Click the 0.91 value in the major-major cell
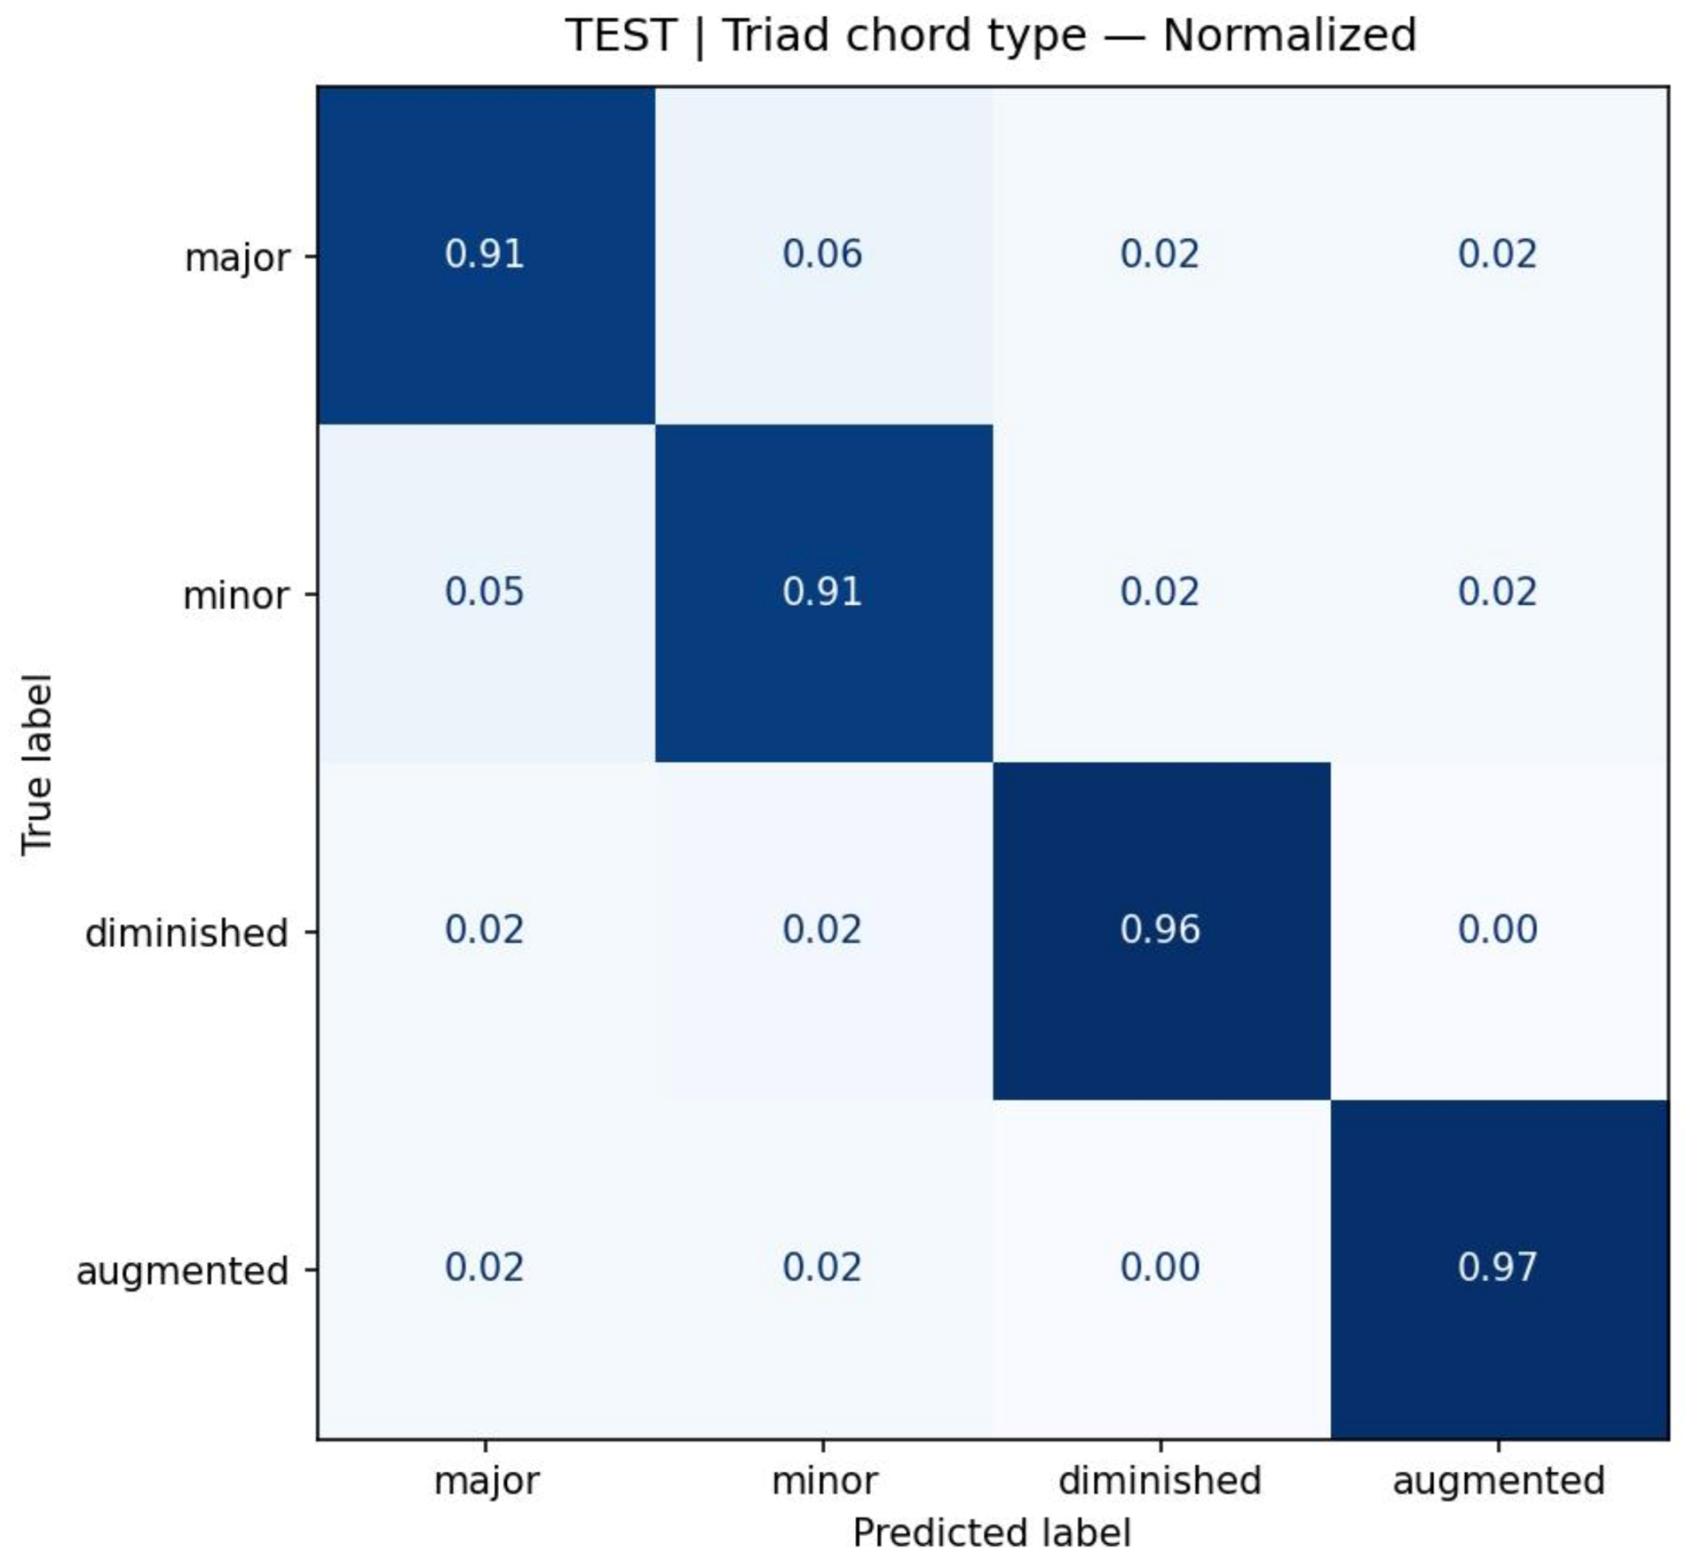click(484, 255)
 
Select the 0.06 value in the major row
click(821, 255)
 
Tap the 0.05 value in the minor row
click(484, 592)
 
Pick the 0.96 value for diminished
click(1160, 930)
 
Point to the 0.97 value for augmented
click(1498, 1267)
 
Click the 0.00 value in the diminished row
click(1498, 930)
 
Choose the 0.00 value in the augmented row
click(1160, 1267)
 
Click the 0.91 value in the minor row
click(821, 592)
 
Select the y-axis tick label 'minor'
click(235, 597)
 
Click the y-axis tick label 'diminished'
click(187, 933)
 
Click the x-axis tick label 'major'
click(486, 1482)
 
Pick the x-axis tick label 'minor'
click(823, 1481)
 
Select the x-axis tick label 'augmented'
click(1498, 1482)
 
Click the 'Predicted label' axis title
click(992, 1534)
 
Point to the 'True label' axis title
click(37, 764)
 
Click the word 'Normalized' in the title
click(1290, 36)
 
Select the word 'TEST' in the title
click(621, 36)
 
